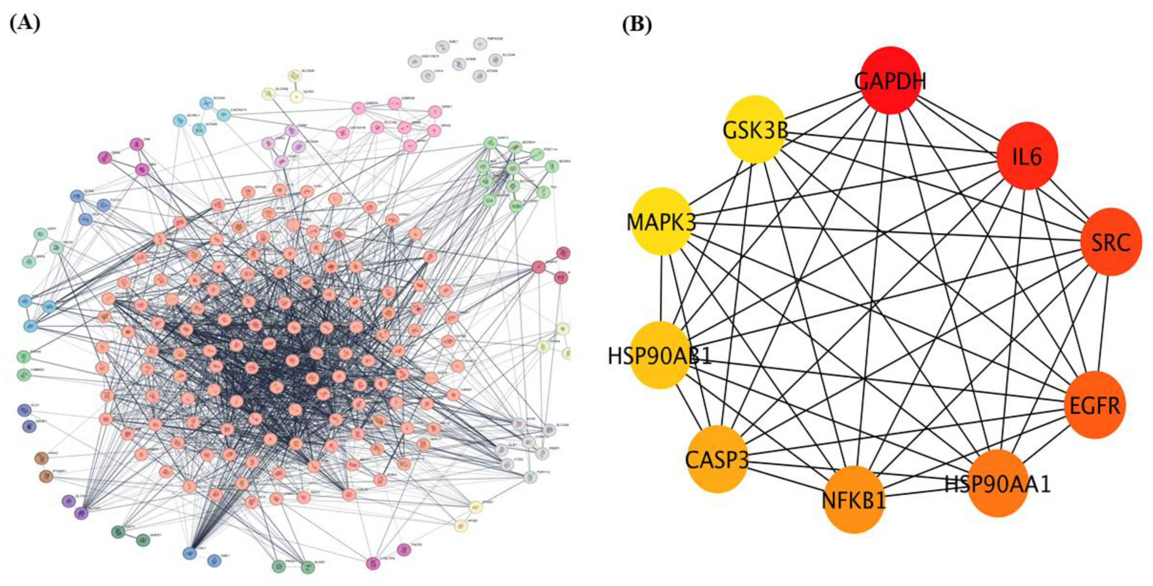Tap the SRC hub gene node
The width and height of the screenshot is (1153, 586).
click(x=1111, y=242)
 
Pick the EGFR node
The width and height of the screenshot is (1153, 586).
click(x=1094, y=405)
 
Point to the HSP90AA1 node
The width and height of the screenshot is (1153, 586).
click(x=997, y=483)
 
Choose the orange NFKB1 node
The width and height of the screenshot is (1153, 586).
click(x=854, y=499)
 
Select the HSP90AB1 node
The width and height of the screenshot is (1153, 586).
click(x=660, y=355)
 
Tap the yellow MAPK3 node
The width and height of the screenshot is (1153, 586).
click(x=661, y=221)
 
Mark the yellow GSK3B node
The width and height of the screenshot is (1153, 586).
click(x=755, y=130)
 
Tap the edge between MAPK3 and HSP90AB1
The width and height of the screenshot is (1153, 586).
click(x=661, y=289)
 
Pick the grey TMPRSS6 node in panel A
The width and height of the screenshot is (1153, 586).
click(x=480, y=44)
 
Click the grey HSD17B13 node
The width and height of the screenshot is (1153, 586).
click(x=414, y=61)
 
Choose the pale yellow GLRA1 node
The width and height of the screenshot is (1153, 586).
click(x=296, y=96)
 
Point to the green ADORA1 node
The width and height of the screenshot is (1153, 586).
click(x=516, y=147)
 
